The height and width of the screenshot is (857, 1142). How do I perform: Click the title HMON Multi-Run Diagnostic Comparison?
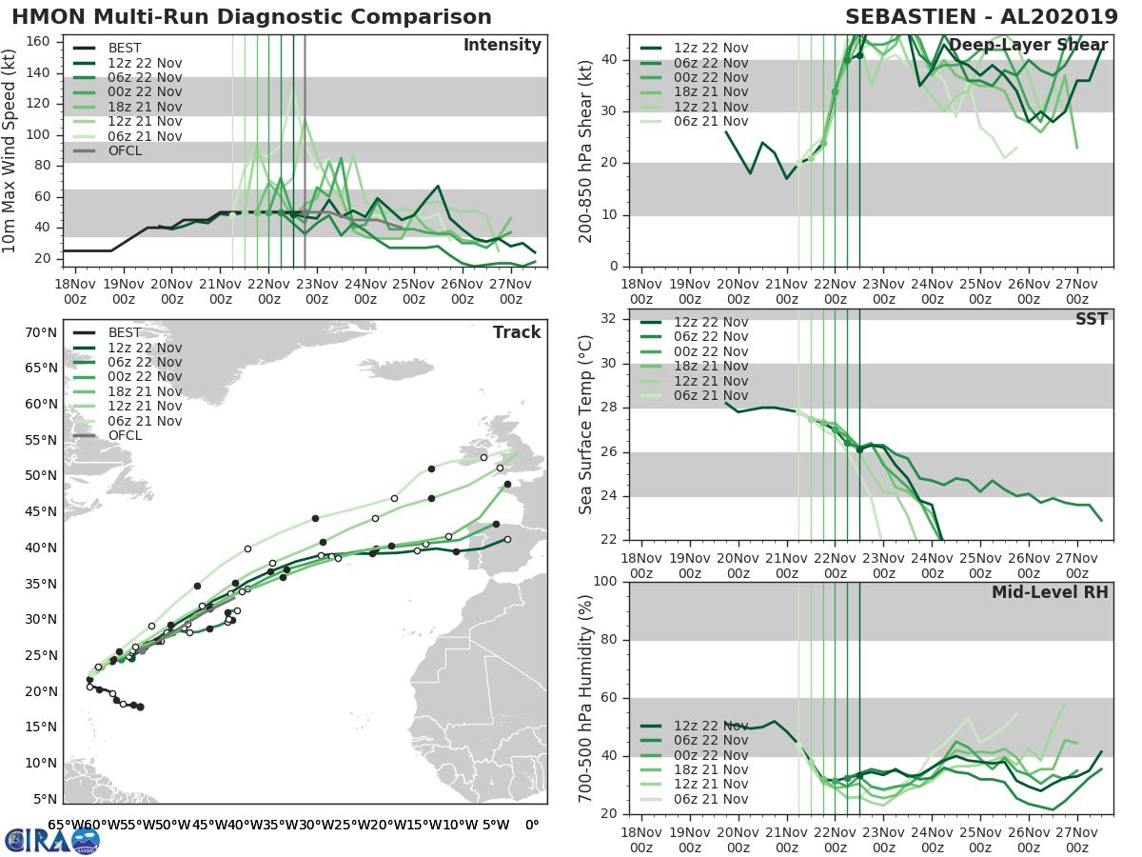click(251, 17)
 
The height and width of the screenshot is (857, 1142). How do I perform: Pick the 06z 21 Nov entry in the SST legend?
click(710, 395)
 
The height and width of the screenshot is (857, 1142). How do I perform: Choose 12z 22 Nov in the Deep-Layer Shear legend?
click(710, 49)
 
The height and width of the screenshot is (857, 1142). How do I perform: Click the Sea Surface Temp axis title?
click(586, 426)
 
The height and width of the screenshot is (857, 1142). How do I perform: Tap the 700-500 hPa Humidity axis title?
click(586, 697)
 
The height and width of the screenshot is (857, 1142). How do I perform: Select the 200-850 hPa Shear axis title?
click(586, 150)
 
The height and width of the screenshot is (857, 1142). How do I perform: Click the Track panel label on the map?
click(517, 332)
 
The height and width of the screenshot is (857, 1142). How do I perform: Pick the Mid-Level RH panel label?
click(1050, 593)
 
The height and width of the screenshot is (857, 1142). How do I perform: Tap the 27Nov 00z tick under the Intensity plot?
click(511, 291)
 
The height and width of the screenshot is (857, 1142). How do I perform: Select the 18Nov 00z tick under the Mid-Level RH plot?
click(641, 840)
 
